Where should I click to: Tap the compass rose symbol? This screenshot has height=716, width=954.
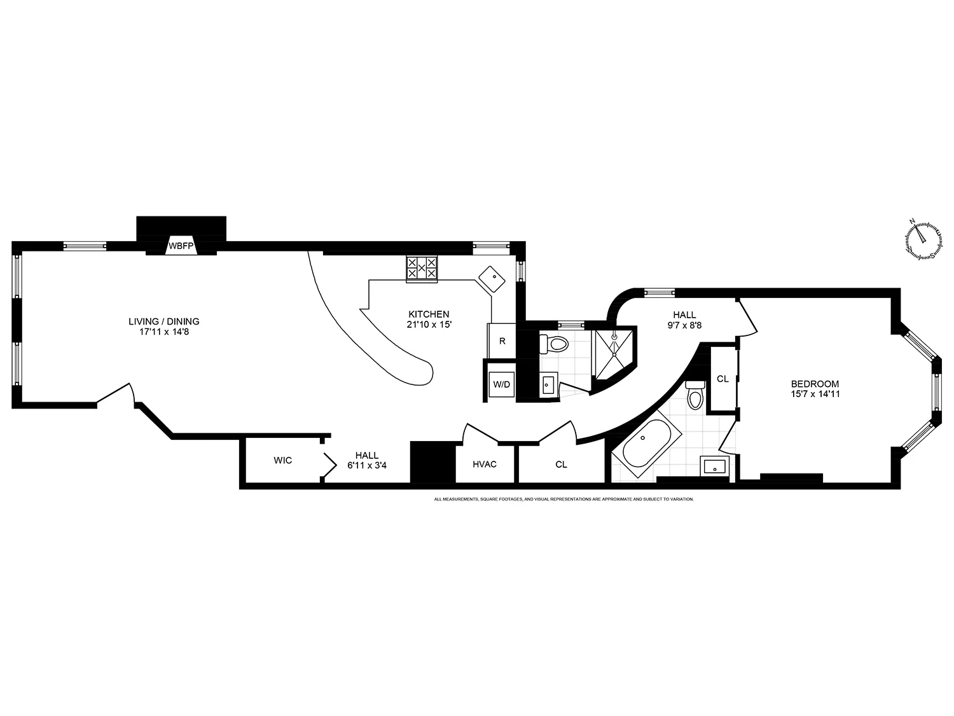(x=923, y=240)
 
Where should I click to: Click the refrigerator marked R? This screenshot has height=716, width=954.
(x=502, y=341)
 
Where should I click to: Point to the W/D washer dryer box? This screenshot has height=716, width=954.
(x=501, y=384)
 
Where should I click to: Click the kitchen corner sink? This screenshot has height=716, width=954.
(x=492, y=278)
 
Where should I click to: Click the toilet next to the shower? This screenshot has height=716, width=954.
(x=555, y=344)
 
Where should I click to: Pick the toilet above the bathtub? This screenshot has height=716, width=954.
(x=695, y=396)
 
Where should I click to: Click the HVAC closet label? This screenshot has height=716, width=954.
(x=485, y=464)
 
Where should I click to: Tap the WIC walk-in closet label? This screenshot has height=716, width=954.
(x=283, y=460)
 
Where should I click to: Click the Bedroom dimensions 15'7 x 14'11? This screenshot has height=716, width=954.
(x=815, y=394)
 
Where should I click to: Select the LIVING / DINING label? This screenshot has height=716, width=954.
(x=163, y=321)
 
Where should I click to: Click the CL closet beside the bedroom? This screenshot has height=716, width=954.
(x=722, y=379)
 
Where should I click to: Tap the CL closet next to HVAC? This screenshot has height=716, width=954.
(x=561, y=465)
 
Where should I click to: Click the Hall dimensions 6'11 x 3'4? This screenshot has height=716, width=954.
(x=367, y=465)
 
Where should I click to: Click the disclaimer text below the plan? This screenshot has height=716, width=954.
(x=563, y=500)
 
